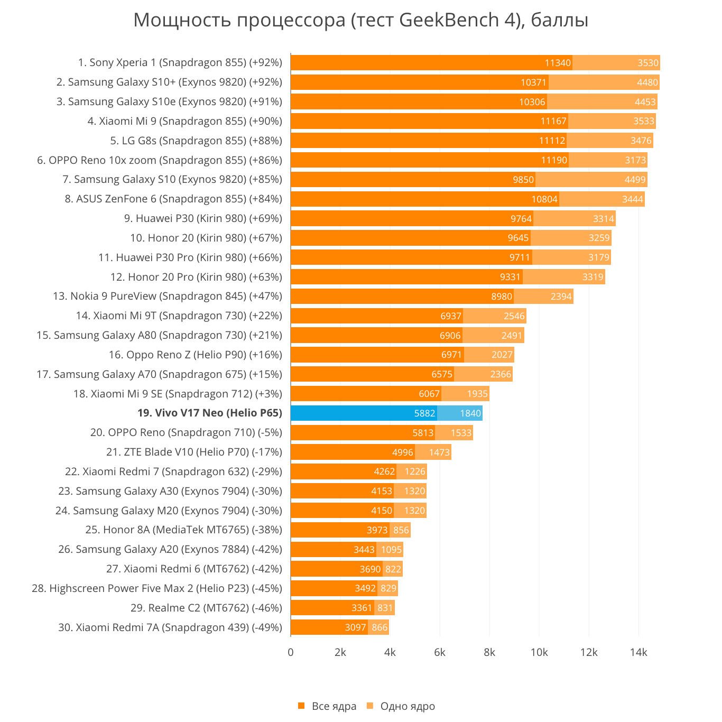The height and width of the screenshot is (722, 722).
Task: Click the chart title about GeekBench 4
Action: tap(361, 20)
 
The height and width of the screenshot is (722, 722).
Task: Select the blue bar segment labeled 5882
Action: tap(364, 413)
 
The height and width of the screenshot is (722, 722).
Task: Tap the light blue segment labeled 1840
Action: tap(460, 413)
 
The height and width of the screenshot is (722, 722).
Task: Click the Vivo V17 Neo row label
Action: tap(209, 413)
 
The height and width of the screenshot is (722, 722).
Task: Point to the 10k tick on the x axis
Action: tap(539, 653)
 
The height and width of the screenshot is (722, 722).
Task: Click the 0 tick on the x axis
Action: tap(291, 653)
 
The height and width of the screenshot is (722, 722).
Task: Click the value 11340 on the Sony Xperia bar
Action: tap(558, 63)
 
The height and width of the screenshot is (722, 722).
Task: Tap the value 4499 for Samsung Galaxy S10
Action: tap(635, 180)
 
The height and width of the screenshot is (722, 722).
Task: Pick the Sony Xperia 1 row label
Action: tap(180, 63)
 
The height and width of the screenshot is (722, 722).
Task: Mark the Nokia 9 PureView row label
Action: tap(168, 297)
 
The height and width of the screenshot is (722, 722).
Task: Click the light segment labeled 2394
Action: tap(543, 297)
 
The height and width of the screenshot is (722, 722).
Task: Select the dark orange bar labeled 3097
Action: tap(329, 627)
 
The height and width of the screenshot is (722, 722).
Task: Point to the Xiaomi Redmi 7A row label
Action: tap(170, 628)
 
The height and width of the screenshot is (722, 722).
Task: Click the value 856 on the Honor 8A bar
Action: tap(401, 530)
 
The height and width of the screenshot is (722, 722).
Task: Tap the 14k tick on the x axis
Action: tap(638, 653)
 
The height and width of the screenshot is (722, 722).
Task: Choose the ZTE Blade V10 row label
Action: tap(194, 452)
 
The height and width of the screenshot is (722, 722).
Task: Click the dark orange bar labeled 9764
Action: tap(412, 219)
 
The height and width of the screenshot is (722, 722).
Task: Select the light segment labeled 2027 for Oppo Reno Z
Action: tap(489, 355)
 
